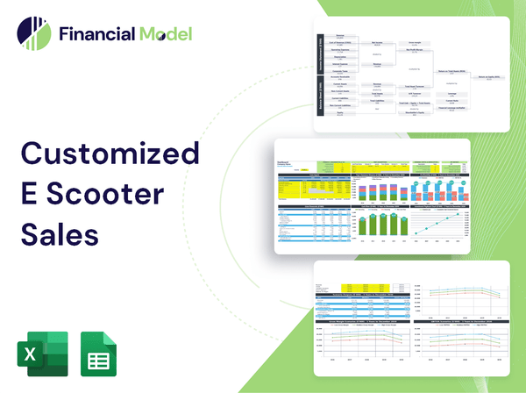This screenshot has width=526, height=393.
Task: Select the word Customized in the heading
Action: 110,154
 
